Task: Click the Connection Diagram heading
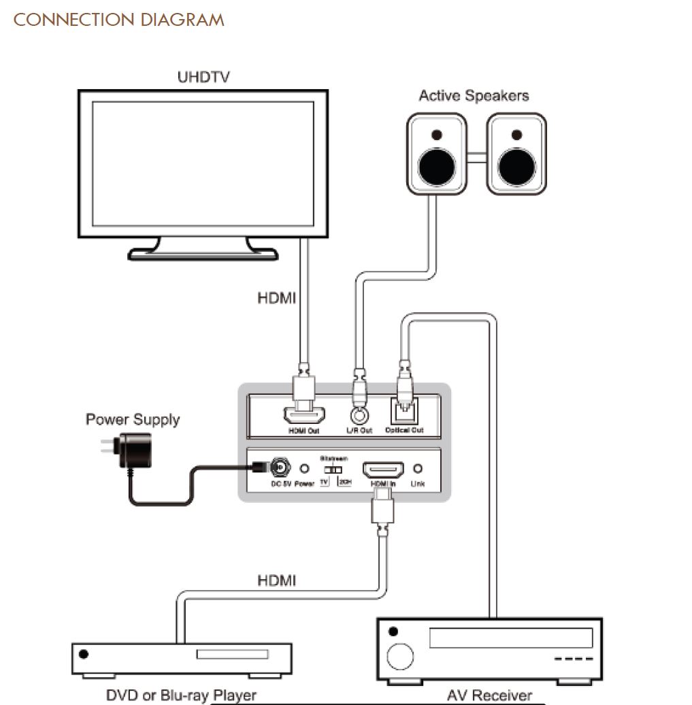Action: point(118,20)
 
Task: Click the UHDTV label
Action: point(203,77)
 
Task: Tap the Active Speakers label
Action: point(474,96)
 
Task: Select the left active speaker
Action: point(437,154)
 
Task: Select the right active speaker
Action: point(516,154)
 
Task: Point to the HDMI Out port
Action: point(304,414)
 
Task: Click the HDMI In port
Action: point(383,470)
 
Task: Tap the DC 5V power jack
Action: point(279,468)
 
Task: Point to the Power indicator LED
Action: point(305,469)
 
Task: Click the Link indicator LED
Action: point(418,469)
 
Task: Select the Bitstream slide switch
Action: point(333,470)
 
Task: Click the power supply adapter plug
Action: point(133,451)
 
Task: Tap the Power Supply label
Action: point(133,420)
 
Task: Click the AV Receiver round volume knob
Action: point(400,657)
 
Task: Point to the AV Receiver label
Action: point(489,695)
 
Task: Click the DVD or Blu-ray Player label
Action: point(182,695)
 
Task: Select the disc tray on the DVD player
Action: point(232,654)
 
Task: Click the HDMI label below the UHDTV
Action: point(276,298)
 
